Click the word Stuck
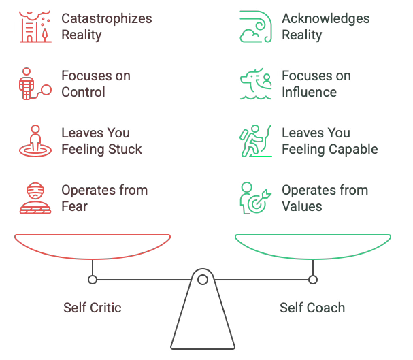click(123, 148)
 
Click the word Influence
click(310, 91)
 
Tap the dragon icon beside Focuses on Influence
click(255, 83)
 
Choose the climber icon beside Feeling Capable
click(255, 140)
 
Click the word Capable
click(353, 148)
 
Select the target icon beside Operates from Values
click(255, 197)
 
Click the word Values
click(302, 206)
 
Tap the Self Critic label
click(92, 308)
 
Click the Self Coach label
click(312, 308)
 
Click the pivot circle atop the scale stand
click(202, 279)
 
